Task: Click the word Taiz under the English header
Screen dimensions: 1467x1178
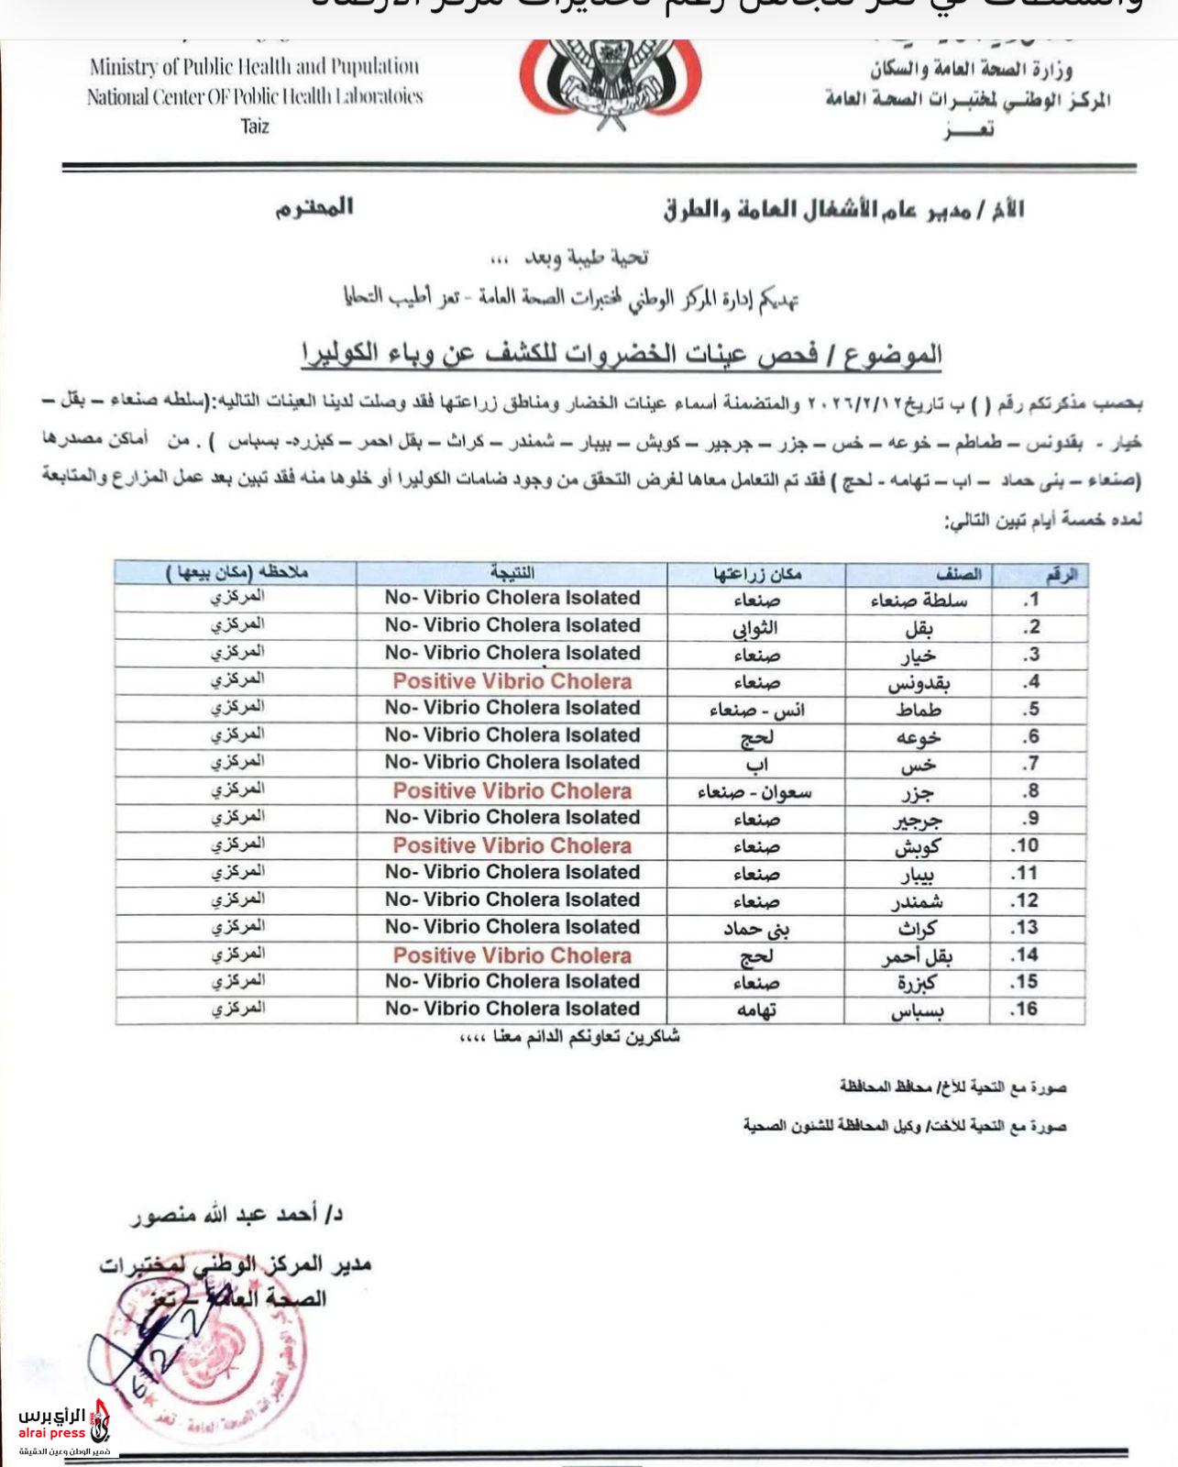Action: point(255,126)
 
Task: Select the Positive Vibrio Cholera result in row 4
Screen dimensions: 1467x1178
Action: point(512,681)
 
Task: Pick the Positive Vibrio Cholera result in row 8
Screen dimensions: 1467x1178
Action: point(512,790)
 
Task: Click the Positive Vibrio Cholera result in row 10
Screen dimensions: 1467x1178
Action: point(512,845)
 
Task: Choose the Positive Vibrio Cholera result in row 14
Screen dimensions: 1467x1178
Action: point(512,955)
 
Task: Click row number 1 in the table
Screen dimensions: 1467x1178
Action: point(1031,600)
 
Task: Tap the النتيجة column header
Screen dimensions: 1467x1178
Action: point(512,573)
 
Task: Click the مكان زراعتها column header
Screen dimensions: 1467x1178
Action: point(757,574)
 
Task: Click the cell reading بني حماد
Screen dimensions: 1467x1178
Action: point(757,929)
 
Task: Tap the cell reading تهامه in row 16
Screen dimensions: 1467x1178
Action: point(757,1009)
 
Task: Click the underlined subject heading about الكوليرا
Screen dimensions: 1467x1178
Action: point(622,354)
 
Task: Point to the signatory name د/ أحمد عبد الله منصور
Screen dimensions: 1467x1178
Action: point(237,1215)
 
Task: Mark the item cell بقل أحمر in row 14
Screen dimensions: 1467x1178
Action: point(918,956)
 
